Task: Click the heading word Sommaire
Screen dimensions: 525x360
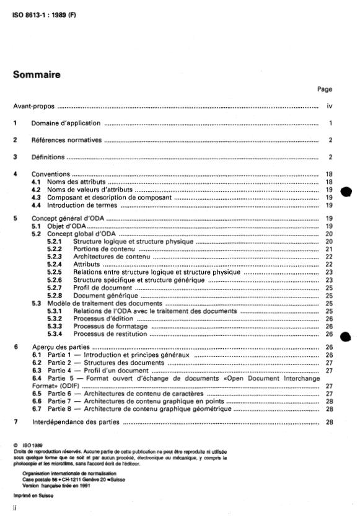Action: pyautogui.click(x=37, y=75)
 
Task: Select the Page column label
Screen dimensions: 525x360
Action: pyautogui.click(x=324, y=89)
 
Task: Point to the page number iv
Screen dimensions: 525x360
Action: pyautogui.click(x=330, y=107)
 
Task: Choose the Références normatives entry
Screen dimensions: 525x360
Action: pyautogui.click(x=67, y=140)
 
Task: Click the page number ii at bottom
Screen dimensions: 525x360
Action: pyautogui.click(x=15, y=508)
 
